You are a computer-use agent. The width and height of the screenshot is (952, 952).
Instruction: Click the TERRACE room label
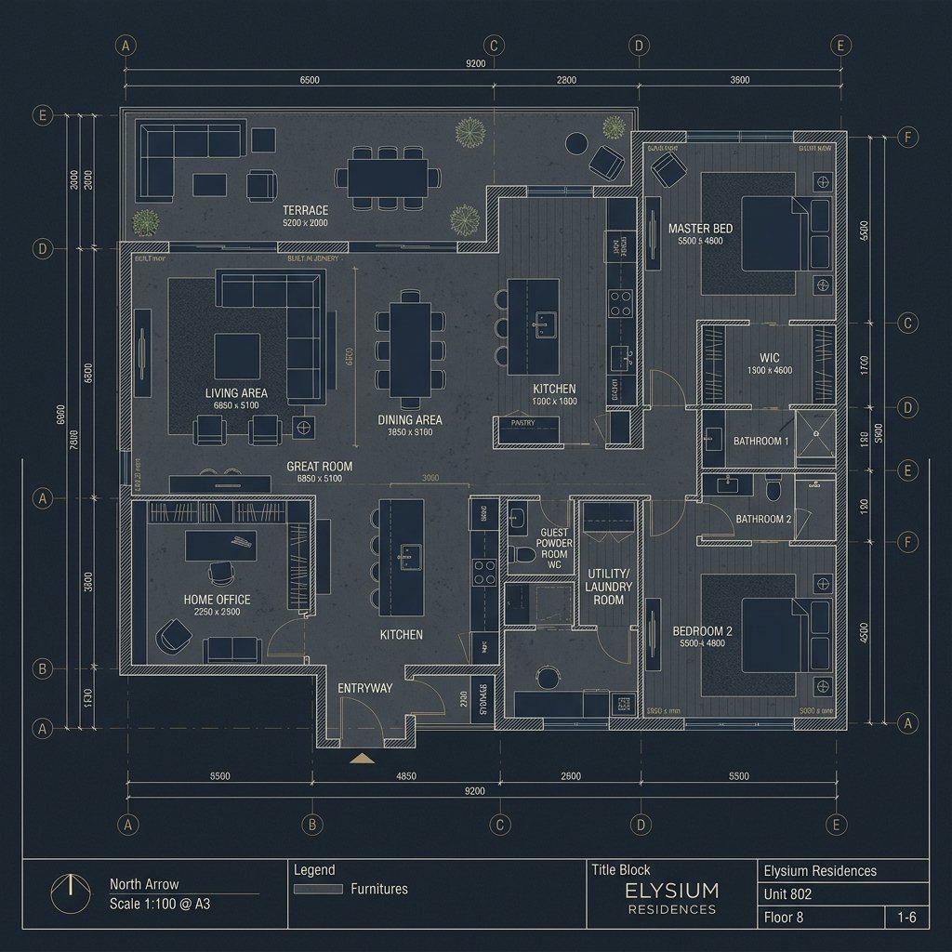click(306, 211)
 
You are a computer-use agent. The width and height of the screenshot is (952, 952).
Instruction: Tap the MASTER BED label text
click(700, 228)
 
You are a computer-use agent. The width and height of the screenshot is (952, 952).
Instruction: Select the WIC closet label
click(769, 358)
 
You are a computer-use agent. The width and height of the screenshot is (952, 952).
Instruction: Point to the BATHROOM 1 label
click(761, 441)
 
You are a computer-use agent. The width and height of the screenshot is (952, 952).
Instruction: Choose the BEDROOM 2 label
click(702, 631)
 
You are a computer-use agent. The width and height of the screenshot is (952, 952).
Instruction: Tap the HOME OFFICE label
click(217, 600)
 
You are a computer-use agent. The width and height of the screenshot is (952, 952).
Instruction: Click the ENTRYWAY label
click(364, 688)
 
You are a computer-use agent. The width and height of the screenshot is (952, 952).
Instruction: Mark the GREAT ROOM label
click(319, 466)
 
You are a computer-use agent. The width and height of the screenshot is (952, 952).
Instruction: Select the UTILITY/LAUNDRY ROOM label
click(609, 588)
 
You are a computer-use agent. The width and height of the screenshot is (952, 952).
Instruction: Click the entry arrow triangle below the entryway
click(360, 759)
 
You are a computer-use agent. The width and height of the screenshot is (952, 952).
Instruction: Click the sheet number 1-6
click(906, 918)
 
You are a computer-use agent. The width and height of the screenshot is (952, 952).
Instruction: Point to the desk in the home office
click(220, 546)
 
